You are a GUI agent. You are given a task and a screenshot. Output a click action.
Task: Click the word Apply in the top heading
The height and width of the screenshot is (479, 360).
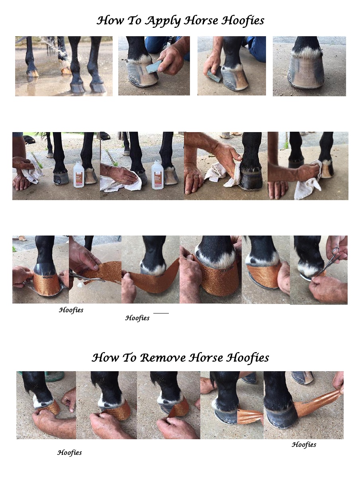coord(163,21)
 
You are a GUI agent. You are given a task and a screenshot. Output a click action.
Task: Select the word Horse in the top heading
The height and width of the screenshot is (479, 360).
coord(201,21)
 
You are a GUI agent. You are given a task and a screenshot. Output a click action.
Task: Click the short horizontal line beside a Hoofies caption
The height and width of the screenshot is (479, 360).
coord(161,313)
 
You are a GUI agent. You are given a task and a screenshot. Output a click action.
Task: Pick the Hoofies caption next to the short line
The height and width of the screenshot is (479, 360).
coord(137,318)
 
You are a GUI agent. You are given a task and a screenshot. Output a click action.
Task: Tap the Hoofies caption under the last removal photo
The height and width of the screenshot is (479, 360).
coord(304,444)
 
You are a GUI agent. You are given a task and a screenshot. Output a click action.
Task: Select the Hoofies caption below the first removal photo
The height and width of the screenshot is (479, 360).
coord(69,453)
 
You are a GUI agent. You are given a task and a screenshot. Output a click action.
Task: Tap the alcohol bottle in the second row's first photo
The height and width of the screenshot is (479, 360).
coord(78,174)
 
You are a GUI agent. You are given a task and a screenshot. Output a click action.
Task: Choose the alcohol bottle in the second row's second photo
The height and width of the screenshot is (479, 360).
coord(157,175)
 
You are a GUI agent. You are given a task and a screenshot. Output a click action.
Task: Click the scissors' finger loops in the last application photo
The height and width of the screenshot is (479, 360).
coord(335,253)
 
